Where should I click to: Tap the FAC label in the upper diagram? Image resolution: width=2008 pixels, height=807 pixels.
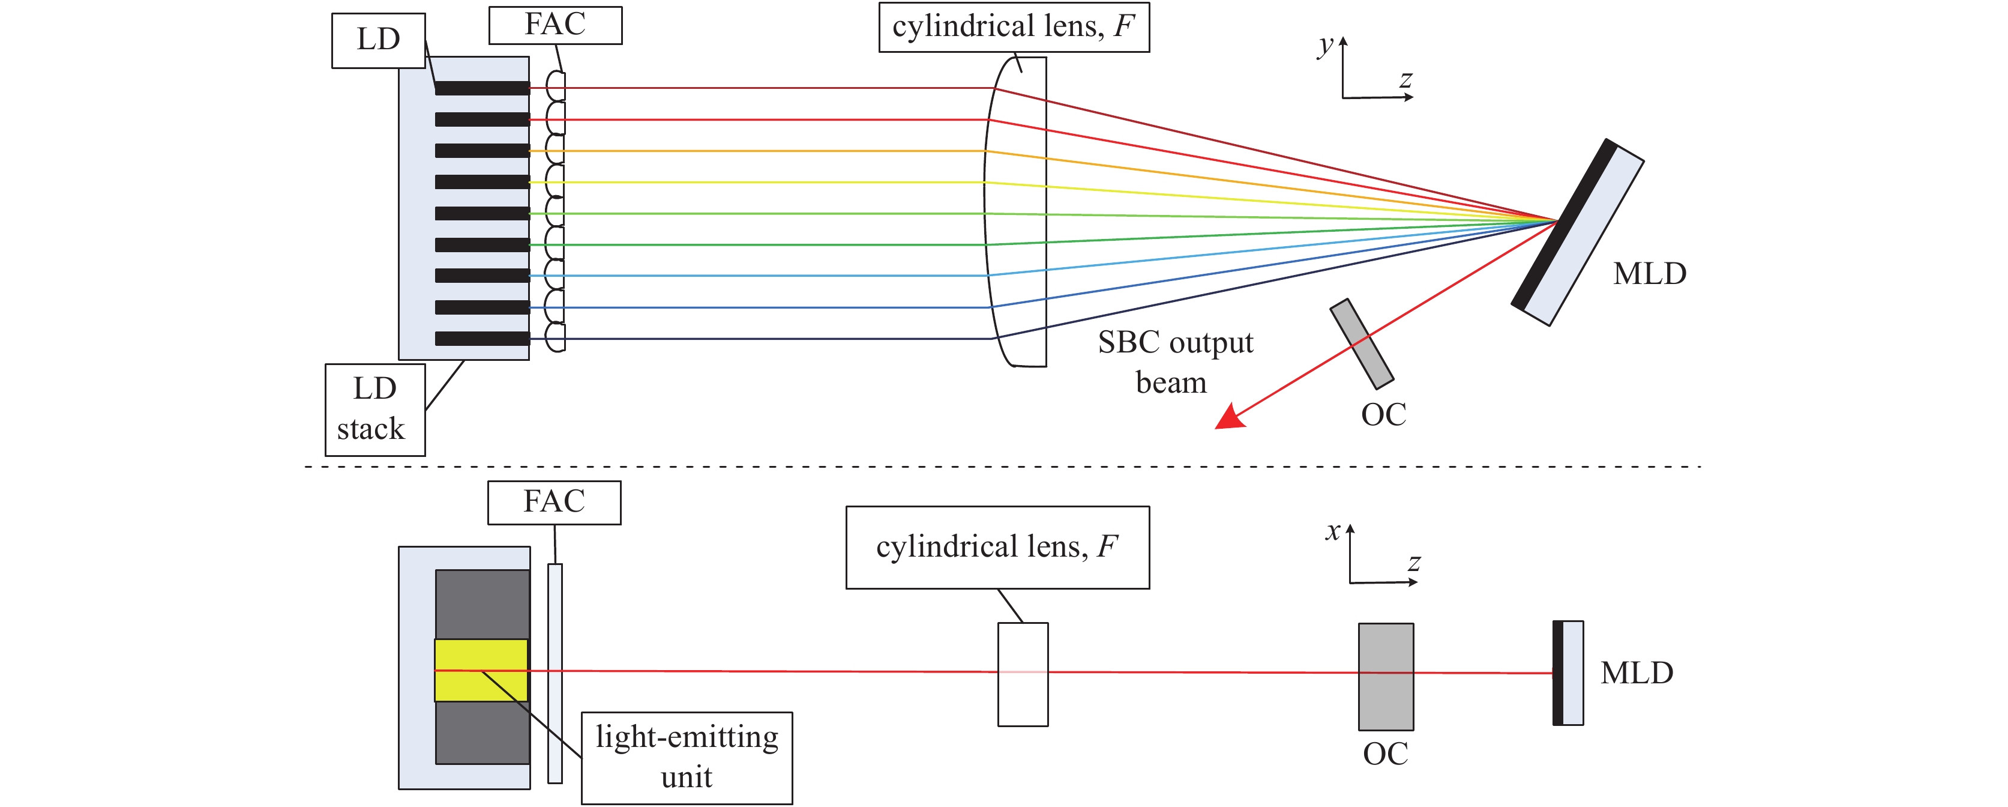555,25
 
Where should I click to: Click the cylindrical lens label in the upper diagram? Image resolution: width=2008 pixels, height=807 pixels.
1014,27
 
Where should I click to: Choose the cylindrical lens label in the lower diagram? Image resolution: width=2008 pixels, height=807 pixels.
997,548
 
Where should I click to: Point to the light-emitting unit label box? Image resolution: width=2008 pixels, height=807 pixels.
686,757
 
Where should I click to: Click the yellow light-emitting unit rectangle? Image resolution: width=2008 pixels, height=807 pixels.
481,671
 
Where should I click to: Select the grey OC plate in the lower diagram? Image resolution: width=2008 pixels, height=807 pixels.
1385,676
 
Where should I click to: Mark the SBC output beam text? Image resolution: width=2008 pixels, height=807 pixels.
1174,363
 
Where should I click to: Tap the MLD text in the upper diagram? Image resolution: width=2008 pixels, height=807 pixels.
1649,274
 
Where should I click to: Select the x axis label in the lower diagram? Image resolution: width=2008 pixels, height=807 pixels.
1333,532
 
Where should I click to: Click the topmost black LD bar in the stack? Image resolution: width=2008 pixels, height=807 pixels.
482,88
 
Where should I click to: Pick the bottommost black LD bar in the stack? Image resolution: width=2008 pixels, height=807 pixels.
482,339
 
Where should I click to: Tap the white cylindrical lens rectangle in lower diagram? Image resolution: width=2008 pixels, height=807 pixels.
1023,674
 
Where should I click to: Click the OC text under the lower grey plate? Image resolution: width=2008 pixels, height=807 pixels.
1385,754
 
